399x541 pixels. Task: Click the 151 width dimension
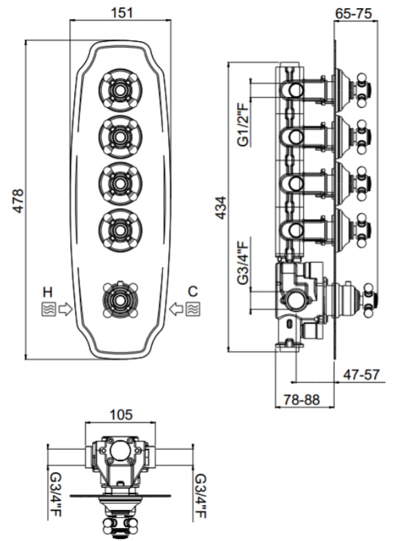point(121,12)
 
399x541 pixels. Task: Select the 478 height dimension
point(18,200)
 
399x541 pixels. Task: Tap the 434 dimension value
point(220,207)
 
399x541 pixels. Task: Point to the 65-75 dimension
point(354,13)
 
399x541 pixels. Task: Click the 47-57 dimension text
point(361,374)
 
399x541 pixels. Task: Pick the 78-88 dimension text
point(301,400)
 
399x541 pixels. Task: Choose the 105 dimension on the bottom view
point(121,415)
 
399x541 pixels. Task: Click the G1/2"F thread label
point(243,123)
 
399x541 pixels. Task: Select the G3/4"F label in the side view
point(243,263)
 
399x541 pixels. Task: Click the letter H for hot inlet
point(47,292)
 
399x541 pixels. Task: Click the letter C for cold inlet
point(193,291)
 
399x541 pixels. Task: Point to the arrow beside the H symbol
point(65,309)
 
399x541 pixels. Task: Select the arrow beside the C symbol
point(176,308)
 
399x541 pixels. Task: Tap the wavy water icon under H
point(48,309)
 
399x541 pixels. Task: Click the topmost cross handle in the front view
point(120,91)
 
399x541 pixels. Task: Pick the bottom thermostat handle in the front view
point(120,300)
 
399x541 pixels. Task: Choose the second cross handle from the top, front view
point(120,137)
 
